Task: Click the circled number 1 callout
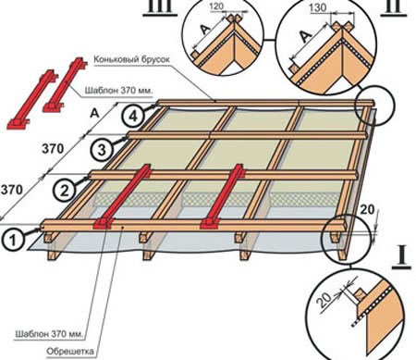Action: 13,240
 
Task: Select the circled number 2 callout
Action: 64,191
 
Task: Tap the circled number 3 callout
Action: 102,150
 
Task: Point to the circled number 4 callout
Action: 132,117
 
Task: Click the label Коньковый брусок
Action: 131,59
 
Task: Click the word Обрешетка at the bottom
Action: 70,351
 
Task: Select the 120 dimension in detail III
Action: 216,6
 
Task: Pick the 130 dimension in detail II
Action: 318,7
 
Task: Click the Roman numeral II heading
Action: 392,6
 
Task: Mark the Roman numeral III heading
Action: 160,6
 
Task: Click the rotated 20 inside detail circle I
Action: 324,300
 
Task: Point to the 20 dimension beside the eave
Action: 367,210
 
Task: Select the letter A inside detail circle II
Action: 305,37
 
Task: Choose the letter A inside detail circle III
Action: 205,30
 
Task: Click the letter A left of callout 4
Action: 94,114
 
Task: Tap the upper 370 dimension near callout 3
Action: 53,149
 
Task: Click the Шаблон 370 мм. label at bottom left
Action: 49,334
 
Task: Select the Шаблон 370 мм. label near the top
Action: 119,91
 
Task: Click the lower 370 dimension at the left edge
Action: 11,190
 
